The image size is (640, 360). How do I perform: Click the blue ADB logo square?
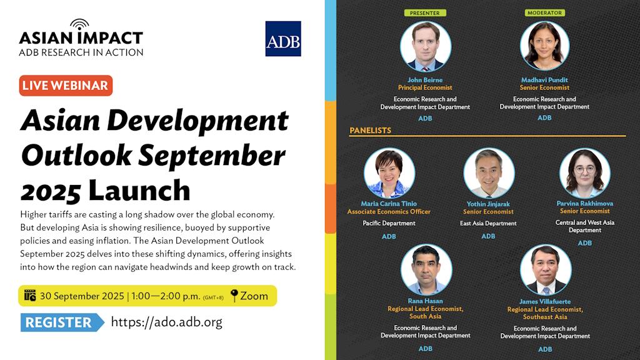pyautogui.click(x=283, y=39)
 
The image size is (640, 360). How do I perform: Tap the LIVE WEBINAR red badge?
pyautogui.click(x=66, y=86)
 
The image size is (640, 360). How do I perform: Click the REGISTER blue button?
pyautogui.click(x=62, y=322)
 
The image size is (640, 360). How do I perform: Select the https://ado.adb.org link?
pyautogui.click(x=166, y=322)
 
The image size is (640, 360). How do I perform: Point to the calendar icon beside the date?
pyautogui.click(x=30, y=295)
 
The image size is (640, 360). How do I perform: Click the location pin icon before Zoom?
pyautogui.click(x=234, y=296)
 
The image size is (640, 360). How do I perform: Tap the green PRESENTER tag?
pyautogui.click(x=425, y=13)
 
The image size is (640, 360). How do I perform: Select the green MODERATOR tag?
pyautogui.click(x=544, y=12)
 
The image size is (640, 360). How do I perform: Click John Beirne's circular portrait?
pyautogui.click(x=426, y=46)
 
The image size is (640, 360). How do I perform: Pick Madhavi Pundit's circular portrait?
pyautogui.click(x=544, y=46)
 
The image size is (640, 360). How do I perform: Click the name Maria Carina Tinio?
pyautogui.click(x=389, y=204)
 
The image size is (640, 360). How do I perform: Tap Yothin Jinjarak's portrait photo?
pyautogui.click(x=489, y=174)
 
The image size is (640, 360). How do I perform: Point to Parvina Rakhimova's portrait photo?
pyautogui.click(x=585, y=174)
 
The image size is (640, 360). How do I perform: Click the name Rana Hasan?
pyautogui.click(x=425, y=301)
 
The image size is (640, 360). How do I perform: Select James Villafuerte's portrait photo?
pyautogui.click(x=546, y=270)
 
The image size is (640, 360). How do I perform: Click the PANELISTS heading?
pyautogui.click(x=370, y=131)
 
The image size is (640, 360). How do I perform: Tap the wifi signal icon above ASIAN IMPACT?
pyautogui.click(x=79, y=25)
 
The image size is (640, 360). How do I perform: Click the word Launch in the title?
pyautogui.click(x=139, y=190)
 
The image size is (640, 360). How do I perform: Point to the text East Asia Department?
pyautogui.click(x=488, y=224)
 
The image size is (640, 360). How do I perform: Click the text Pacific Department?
pyautogui.click(x=389, y=223)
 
